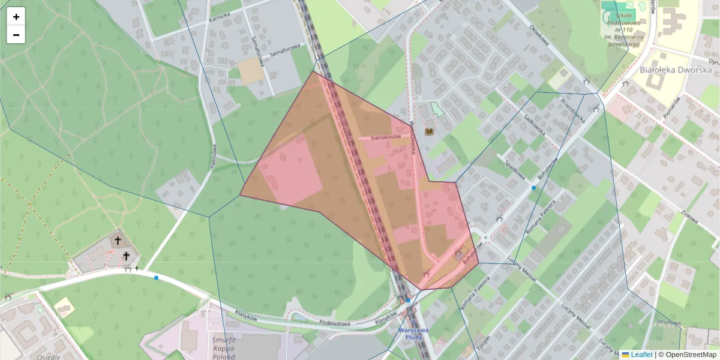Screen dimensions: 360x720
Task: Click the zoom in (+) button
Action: point(16,17)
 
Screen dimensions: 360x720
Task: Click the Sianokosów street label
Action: point(385,137)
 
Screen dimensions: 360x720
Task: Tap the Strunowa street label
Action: point(668,322)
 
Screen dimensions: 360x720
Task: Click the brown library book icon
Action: point(429,131)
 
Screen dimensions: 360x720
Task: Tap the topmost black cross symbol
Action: point(118,241)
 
